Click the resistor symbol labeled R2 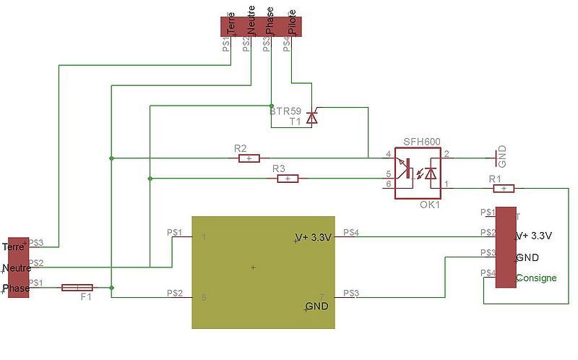[x=249, y=158]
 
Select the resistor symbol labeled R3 [x=287, y=178]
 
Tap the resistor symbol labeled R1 [x=504, y=188]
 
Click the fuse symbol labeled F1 [x=77, y=288]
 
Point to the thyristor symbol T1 [x=311, y=116]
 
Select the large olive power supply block [x=263, y=271]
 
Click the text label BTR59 [x=285, y=111]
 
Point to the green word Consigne [x=536, y=278]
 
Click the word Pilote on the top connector [x=291, y=22]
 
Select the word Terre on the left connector [x=14, y=247]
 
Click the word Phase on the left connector [x=16, y=288]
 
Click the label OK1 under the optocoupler [x=430, y=205]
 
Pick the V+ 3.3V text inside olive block [x=313, y=238]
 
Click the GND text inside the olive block [x=316, y=307]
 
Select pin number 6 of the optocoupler [x=388, y=184]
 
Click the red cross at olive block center [x=253, y=268]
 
